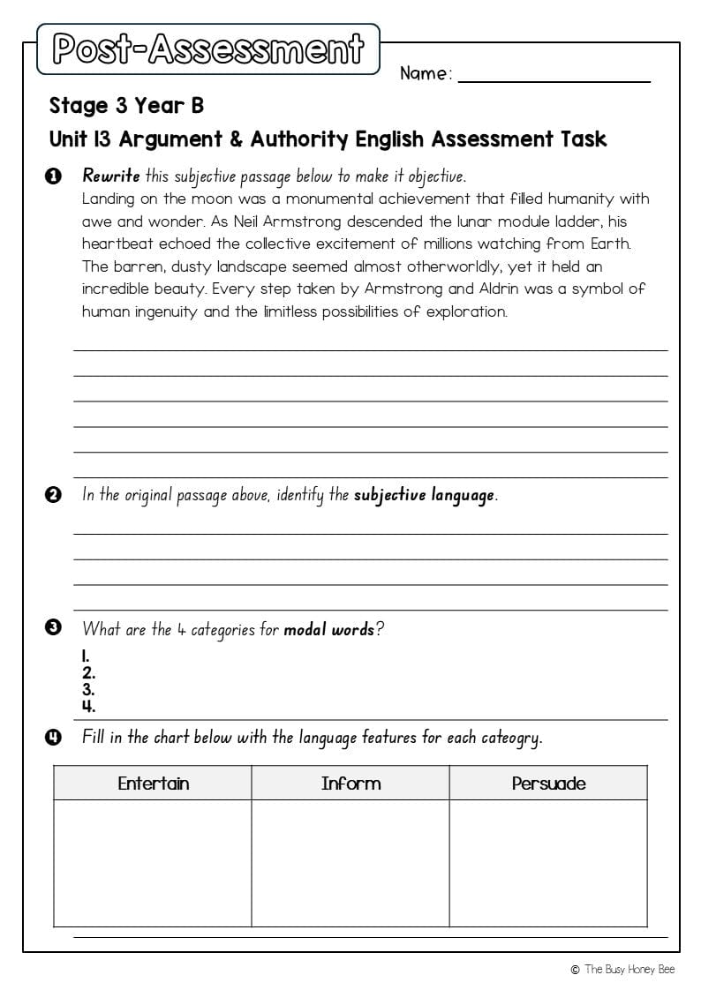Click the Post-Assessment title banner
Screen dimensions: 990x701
click(x=208, y=49)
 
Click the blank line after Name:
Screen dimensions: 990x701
click(x=554, y=76)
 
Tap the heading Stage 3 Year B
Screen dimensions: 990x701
click(x=126, y=106)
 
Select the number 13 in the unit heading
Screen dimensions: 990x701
click(x=102, y=139)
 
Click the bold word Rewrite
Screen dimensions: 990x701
click(x=110, y=176)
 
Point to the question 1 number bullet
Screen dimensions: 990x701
click(x=53, y=176)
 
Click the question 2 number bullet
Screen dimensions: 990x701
click(x=53, y=495)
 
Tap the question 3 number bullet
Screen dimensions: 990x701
click(x=53, y=629)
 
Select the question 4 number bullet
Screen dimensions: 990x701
click(x=53, y=737)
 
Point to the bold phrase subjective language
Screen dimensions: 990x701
click(x=424, y=495)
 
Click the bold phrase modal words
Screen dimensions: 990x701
click(x=328, y=630)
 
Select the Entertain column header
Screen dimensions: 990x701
click(x=153, y=784)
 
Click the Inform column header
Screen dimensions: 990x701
click(x=350, y=784)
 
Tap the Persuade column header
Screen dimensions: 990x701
click(x=548, y=784)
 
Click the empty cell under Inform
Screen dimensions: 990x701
click(x=350, y=862)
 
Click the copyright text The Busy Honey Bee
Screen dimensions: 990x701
click(x=629, y=970)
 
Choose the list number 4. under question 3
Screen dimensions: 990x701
click(x=88, y=706)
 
